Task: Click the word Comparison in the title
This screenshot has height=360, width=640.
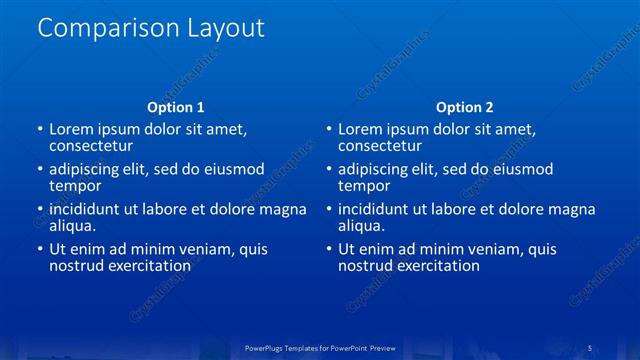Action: (x=98, y=29)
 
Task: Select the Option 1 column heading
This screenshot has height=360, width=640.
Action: (x=176, y=107)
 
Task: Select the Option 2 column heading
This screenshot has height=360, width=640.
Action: (x=465, y=107)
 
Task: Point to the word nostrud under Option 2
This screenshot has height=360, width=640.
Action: (x=365, y=266)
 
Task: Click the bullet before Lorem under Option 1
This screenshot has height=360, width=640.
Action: (x=39, y=130)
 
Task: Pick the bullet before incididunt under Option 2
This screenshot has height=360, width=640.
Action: (x=328, y=210)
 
